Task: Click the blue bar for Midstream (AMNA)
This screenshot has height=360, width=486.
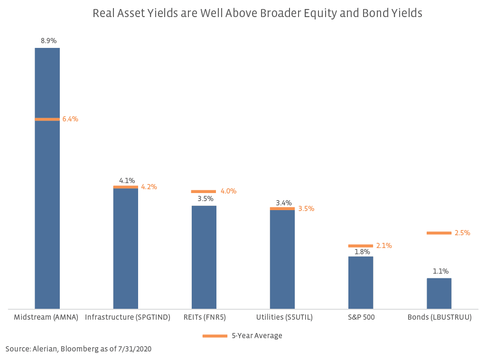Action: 47,190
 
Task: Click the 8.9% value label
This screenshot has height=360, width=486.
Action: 47,41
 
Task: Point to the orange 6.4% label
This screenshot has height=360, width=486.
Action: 70,119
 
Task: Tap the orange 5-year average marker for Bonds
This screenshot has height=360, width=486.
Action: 439,233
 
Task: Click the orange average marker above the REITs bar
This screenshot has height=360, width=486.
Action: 204,192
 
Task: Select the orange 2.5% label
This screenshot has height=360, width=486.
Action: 462,233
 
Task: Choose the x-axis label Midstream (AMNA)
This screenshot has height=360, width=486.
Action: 46,317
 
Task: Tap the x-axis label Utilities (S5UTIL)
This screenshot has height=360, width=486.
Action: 284,317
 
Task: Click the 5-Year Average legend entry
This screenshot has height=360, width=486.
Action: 243,336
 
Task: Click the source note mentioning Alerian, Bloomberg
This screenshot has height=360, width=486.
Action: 78,349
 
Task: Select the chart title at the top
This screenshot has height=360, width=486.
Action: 257,13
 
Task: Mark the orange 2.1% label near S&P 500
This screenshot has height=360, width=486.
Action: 384,246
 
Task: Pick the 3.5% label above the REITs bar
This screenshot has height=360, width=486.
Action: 206,199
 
